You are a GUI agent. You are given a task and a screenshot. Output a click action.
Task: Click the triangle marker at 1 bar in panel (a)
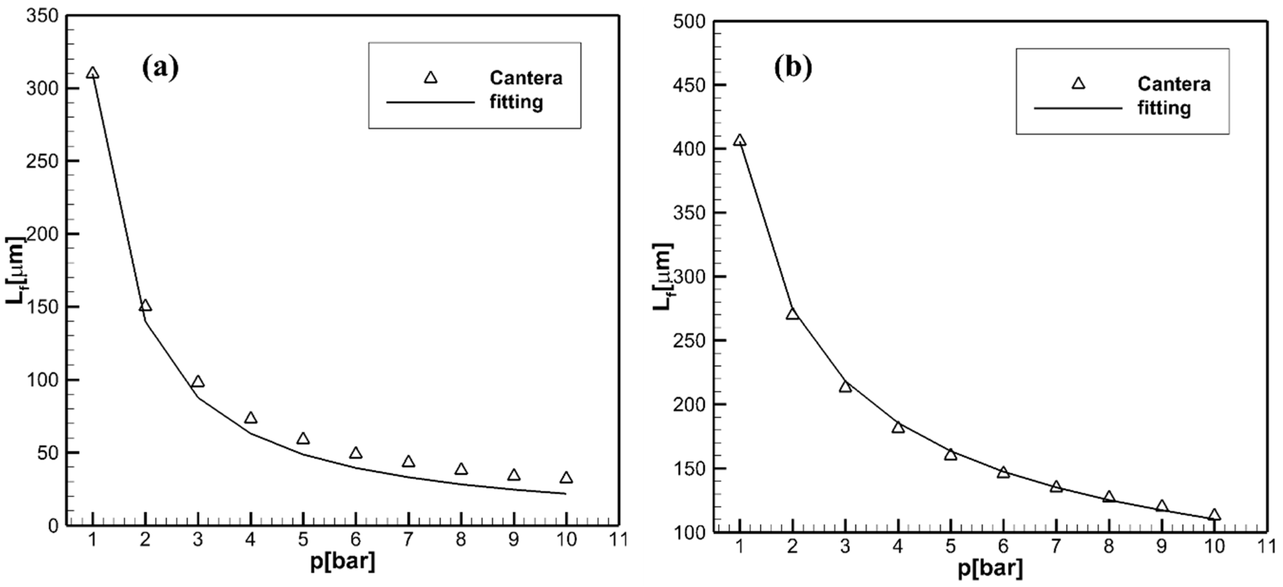93,74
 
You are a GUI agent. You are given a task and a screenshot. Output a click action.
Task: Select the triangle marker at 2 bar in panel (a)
145,306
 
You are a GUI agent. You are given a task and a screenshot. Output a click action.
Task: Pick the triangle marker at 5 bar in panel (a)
303,439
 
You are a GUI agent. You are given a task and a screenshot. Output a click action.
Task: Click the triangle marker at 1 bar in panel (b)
740,141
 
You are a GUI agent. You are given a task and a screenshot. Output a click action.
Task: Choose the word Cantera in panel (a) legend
526,78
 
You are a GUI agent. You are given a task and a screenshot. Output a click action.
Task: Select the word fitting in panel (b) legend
1164,108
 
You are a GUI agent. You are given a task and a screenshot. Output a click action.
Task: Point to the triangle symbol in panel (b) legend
1078,84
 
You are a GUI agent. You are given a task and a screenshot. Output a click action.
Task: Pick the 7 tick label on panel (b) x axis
1056,546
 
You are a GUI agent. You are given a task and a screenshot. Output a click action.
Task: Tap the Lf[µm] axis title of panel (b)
662,276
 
